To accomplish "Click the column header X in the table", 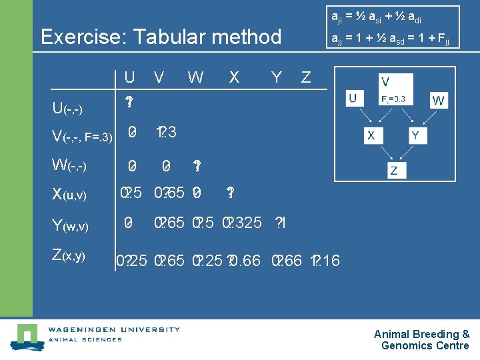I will (234, 78).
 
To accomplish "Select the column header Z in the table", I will (305, 78).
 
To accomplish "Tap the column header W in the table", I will (195, 78).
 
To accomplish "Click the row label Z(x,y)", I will (69, 256).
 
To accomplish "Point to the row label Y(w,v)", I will (70, 226).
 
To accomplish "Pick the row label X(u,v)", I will (69, 195).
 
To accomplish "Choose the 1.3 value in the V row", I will (166, 132).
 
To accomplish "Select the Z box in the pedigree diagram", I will (395, 170).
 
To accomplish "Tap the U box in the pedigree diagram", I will (353, 99).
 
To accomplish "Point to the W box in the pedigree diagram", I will (438, 101).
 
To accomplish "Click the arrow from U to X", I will (363, 118).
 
